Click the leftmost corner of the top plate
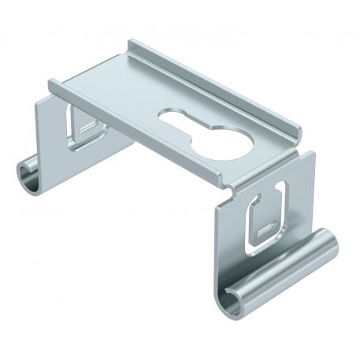click(50, 82)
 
